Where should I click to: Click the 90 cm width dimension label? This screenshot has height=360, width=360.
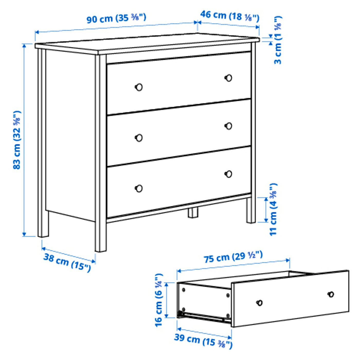coord(116,18)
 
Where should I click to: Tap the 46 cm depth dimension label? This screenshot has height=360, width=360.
coord(230,16)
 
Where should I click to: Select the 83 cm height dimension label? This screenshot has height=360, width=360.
coord(17,140)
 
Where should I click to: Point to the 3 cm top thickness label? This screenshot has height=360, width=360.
coord(278,40)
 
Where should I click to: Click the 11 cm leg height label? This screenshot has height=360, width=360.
coord(273,209)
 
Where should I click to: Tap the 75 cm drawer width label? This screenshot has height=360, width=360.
coord(233,257)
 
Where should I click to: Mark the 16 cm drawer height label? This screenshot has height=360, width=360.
coord(159,300)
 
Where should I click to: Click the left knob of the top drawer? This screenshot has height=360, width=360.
coord(139,87)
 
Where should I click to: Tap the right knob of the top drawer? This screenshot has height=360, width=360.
coord(228,78)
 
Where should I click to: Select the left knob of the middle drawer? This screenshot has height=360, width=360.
coord(139,138)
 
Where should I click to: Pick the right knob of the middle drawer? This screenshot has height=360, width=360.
coord(228,126)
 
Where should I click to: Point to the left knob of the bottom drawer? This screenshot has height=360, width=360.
coord(139,188)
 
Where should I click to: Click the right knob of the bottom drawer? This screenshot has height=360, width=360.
coord(228,174)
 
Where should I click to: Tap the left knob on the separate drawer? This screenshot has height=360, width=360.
coord(260,303)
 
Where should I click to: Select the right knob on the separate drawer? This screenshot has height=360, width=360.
coord(331,294)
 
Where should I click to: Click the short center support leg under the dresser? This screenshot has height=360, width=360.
coord(193,213)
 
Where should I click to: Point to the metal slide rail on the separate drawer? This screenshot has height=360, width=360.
coord(203,317)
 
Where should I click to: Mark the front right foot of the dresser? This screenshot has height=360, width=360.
coord(251,210)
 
